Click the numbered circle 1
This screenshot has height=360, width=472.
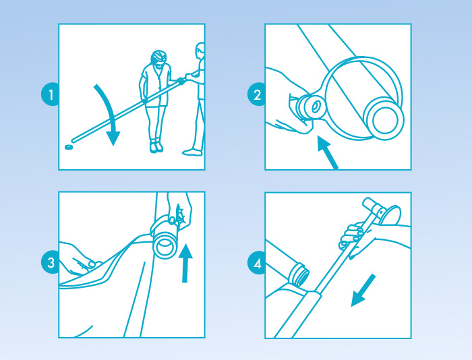50,94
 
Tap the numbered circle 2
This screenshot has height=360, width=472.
256,94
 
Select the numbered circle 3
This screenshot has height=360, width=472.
50,262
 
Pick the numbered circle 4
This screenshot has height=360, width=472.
256,264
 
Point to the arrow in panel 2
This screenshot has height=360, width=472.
328,152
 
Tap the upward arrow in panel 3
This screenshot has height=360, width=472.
185,263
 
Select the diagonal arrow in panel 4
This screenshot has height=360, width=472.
363,290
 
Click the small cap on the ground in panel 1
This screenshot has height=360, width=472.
69,147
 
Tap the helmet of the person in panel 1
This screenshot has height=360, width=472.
158,56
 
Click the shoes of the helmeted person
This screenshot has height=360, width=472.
156,147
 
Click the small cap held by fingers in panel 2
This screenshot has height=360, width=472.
310,107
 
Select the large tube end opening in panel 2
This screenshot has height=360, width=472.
384,119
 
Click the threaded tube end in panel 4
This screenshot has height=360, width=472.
298,274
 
